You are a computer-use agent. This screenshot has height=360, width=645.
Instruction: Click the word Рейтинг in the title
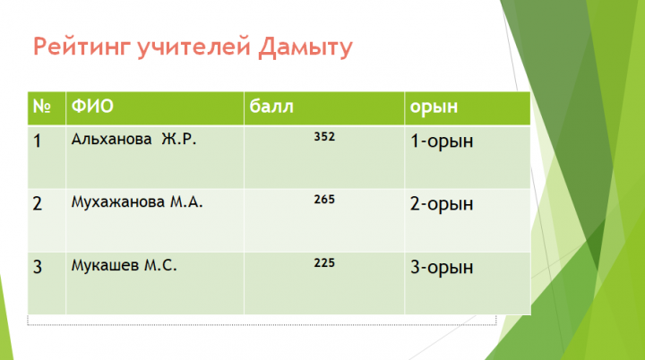(82, 47)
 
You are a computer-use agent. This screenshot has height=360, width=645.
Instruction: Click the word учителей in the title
(193, 47)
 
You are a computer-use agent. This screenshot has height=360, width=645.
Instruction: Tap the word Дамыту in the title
(305, 47)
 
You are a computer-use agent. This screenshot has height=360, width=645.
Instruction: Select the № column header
(42, 107)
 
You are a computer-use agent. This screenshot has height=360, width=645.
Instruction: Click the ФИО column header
(92, 107)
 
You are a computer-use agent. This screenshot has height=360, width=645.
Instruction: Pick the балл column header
(271, 107)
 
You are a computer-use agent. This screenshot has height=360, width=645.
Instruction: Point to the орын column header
(434, 107)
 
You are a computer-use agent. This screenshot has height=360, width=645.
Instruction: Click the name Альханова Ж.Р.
(133, 139)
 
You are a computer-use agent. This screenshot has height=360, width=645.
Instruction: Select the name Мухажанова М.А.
(137, 202)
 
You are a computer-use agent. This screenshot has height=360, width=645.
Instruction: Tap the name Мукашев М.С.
(124, 265)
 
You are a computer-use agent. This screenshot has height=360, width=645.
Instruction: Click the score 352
(324, 137)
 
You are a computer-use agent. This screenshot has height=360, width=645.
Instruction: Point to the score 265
(324, 200)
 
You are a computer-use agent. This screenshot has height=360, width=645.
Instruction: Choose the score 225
(324, 263)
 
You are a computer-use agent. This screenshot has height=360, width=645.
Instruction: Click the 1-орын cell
(442, 142)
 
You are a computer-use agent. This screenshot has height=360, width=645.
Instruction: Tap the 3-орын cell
(442, 268)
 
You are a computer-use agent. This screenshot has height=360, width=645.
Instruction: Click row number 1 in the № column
(38, 141)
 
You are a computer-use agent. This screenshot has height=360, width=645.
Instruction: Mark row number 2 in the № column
(38, 203)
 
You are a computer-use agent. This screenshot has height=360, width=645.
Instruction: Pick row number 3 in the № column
(38, 267)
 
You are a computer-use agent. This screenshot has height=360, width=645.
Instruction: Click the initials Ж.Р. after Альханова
(178, 139)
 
